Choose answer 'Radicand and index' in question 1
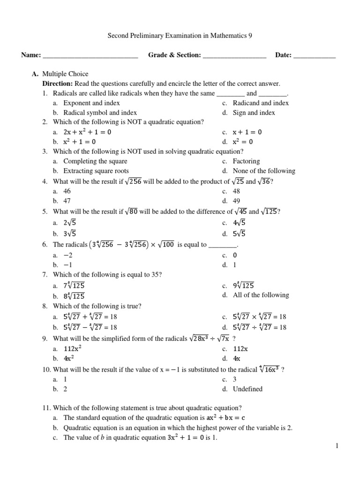tap(261, 103)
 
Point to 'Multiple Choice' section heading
tap(65, 74)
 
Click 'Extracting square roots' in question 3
tap(96, 171)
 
